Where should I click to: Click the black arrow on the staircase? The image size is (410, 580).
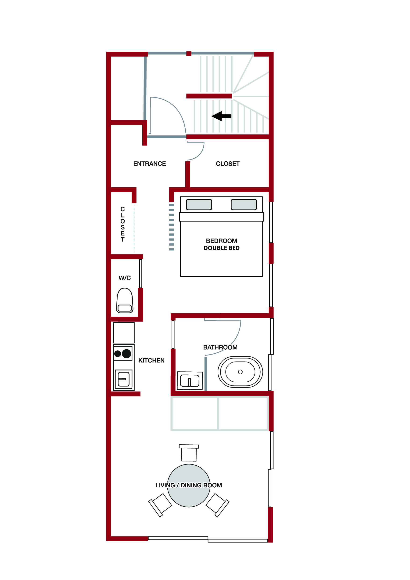click(221, 116)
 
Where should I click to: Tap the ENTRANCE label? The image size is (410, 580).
click(149, 164)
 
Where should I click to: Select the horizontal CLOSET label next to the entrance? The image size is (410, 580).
click(228, 164)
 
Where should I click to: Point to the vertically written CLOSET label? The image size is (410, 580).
click(123, 224)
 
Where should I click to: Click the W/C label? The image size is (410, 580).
click(125, 278)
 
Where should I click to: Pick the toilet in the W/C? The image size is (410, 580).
click(125, 300)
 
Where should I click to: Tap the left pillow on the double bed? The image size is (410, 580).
click(199, 205)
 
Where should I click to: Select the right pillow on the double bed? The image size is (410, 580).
click(244, 205)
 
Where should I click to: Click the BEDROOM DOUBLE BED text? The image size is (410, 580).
click(222, 244)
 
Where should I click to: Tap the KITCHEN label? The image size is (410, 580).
click(151, 360)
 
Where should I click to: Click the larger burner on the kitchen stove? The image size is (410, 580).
click(126, 353)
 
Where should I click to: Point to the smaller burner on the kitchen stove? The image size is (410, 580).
click(118, 353)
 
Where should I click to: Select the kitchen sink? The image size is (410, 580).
click(124, 379)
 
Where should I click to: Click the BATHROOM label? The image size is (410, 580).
click(220, 347)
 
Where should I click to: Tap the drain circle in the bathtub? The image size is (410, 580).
click(240, 372)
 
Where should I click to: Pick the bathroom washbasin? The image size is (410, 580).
click(190, 381)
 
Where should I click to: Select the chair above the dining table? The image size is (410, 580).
click(189, 453)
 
